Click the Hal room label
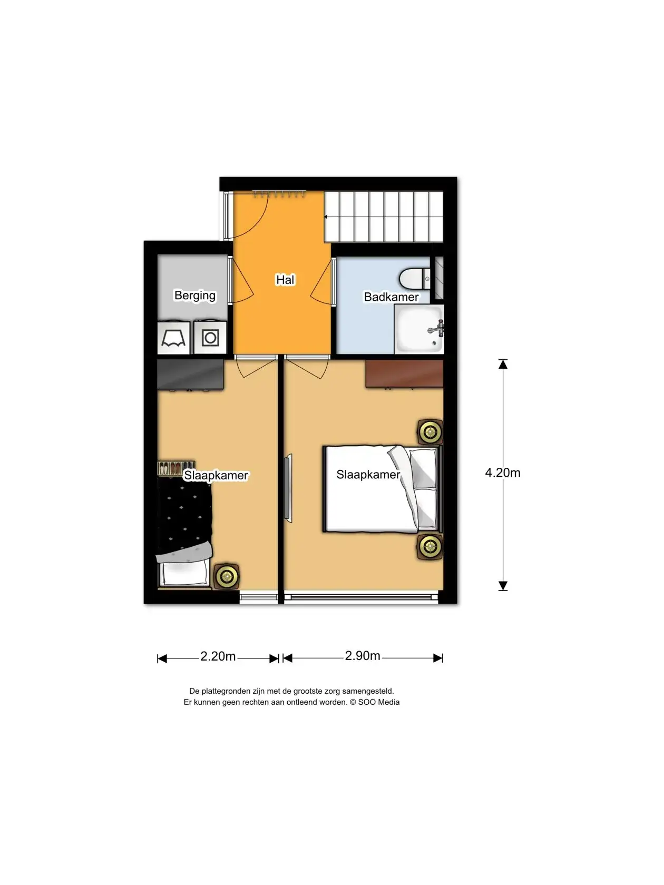285,279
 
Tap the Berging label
195,296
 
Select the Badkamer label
391,297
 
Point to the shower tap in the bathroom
437,329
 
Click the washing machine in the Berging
210,338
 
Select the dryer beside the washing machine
173,338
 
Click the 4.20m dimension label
502,473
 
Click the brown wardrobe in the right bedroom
404,374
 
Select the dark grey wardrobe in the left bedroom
190,375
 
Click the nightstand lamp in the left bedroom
227,576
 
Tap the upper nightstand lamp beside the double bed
430,432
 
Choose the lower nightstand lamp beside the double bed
430,547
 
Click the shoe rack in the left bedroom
176,468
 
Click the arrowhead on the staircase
326,217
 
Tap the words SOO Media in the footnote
378,702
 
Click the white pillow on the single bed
184,573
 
